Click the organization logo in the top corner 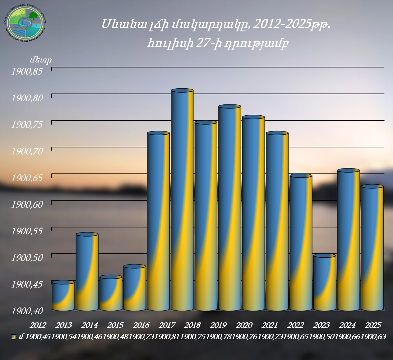pos(25,24)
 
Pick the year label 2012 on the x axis pos(38,325)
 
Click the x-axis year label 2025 pos(373,325)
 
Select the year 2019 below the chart pos(218,325)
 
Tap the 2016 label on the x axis pos(141,325)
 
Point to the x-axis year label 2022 pos(296,325)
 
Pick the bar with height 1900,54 pos(87,270)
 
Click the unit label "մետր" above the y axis pos(41,60)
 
